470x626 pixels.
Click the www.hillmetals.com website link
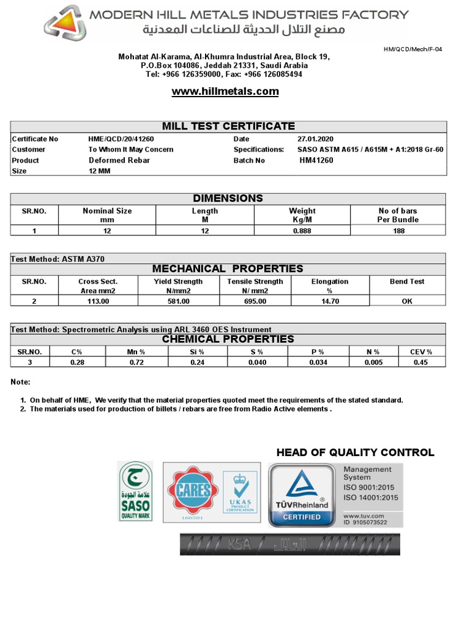coord(225,92)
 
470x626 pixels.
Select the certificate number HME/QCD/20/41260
coord(121,139)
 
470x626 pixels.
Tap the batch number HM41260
coord(316,160)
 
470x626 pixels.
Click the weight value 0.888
coord(302,231)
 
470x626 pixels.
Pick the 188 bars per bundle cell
coord(398,231)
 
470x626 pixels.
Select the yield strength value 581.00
coord(178,301)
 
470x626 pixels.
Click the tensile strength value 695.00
coord(255,301)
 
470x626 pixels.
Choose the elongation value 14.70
coord(329,301)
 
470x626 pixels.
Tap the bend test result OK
coord(407,301)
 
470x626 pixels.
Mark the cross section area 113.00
coord(98,301)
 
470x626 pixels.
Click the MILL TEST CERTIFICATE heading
coord(228,126)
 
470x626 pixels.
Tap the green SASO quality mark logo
coord(135,492)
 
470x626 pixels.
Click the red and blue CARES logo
coord(194,491)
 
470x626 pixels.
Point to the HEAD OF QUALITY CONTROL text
coord(355,453)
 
